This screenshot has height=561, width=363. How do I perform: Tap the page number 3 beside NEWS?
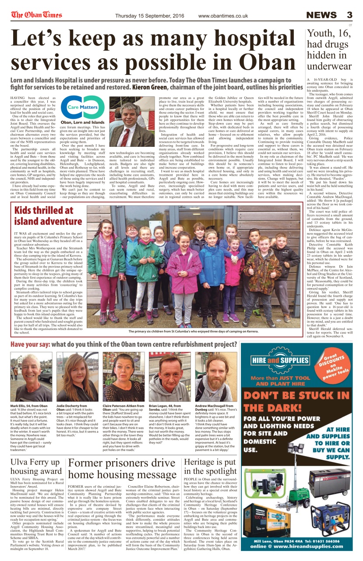point(349,15)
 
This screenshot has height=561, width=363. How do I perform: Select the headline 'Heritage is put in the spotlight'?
point(210,466)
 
